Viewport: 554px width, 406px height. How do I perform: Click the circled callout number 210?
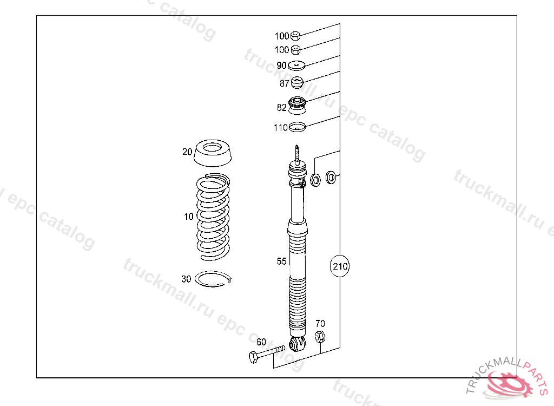pos(340,266)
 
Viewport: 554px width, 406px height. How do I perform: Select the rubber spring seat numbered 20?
pos(213,153)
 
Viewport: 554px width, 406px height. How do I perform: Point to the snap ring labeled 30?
pos(213,279)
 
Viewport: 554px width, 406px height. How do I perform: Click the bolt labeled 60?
pos(267,353)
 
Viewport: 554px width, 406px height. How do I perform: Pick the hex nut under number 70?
pos(320,337)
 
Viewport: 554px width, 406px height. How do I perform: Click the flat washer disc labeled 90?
pos(296,66)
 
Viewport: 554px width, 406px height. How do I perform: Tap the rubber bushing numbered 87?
pos(297,82)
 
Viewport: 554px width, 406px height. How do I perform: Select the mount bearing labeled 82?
pos(297,106)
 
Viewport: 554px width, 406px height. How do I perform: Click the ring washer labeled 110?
pos(297,127)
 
